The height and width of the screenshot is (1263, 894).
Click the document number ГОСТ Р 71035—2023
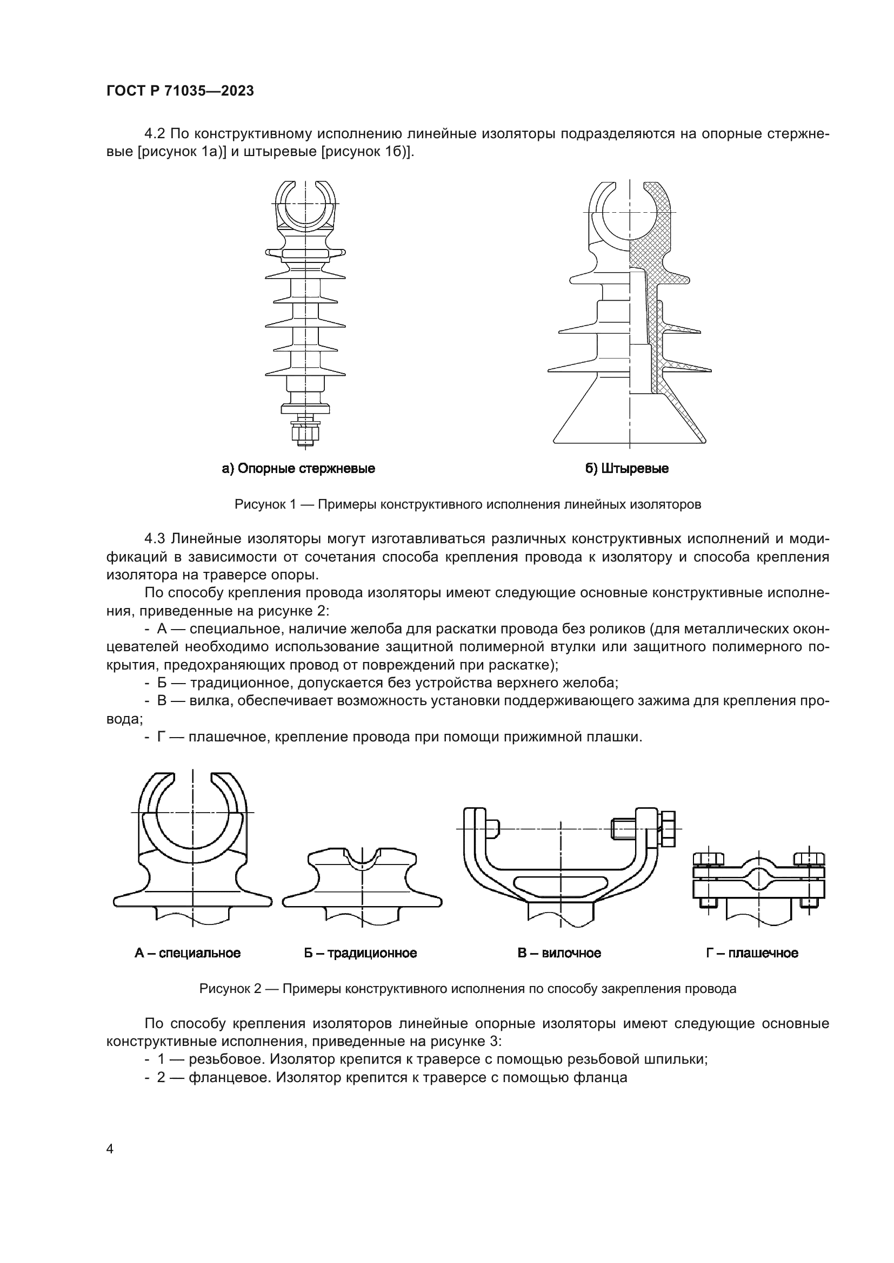(x=180, y=91)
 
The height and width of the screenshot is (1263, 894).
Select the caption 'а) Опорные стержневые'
(x=298, y=469)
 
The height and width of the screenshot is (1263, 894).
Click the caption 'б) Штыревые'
(x=626, y=469)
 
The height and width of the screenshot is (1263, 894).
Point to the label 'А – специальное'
(x=187, y=953)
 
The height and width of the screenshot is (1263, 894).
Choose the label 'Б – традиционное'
(x=360, y=953)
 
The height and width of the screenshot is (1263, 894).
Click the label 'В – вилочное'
(x=559, y=953)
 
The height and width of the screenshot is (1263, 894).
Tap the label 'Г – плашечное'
(x=752, y=953)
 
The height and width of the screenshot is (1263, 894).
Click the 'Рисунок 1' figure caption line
(x=468, y=504)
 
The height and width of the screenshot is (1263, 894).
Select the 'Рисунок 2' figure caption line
(x=468, y=989)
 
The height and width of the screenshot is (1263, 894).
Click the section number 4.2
(x=155, y=134)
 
